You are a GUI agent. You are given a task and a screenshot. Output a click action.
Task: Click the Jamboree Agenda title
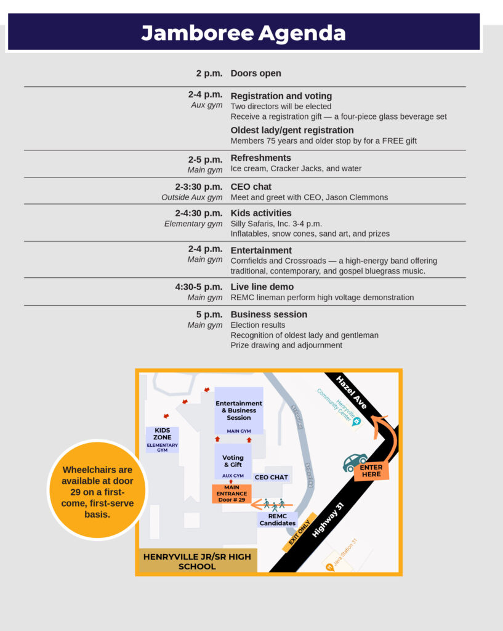[x=243, y=33]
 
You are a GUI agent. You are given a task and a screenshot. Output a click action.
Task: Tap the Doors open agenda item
[x=256, y=73]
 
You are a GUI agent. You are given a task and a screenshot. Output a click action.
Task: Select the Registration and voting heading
[x=281, y=96]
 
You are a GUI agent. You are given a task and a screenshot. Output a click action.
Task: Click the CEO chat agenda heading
[x=251, y=187]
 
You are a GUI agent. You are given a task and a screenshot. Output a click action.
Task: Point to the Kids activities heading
[x=260, y=213]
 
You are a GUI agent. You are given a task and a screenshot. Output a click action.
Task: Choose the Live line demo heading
[x=262, y=287]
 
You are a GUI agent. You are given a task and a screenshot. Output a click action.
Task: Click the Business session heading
[x=268, y=314]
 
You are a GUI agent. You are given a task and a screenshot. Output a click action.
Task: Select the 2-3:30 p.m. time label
[x=198, y=187]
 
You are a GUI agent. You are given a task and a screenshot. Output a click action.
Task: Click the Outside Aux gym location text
[x=191, y=198]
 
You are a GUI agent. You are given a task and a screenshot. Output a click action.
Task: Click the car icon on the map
[x=355, y=462]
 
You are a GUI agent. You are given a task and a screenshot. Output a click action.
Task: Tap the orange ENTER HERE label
[x=371, y=471]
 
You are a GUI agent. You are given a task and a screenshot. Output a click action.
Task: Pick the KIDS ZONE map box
[x=163, y=439]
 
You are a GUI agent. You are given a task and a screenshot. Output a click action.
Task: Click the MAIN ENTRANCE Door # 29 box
[x=231, y=494]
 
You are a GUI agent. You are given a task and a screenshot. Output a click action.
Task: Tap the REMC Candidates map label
[x=277, y=519]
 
